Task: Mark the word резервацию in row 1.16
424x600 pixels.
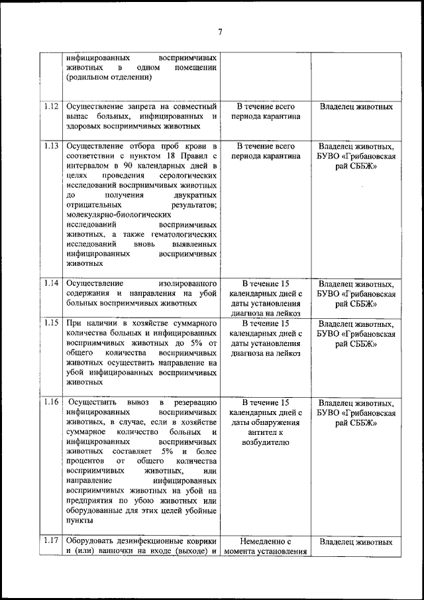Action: tap(193, 402)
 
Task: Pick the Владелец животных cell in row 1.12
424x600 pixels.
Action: tap(356, 106)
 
